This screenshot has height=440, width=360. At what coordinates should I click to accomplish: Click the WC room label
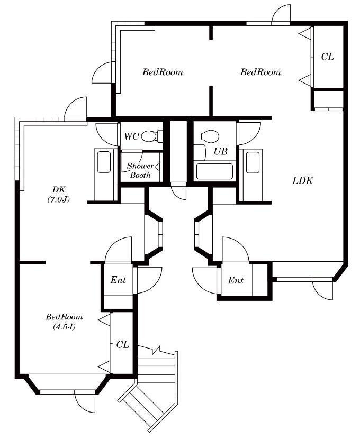(131, 136)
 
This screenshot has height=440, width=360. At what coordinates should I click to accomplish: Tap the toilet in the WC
(152, 136)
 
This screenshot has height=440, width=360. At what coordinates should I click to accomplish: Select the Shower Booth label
(140, 170)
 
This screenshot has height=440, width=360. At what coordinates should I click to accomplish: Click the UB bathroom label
(220, 152)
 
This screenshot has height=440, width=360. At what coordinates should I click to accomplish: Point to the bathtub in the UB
(214, 171)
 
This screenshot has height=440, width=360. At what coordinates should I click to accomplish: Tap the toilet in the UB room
(210, 136)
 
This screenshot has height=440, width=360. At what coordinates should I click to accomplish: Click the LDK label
(302, 180)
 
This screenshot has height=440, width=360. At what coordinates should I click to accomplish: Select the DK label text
(58, 189)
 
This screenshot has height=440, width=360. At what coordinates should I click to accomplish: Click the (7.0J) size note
(58, 199)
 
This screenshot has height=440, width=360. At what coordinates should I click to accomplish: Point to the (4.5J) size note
(64, 327)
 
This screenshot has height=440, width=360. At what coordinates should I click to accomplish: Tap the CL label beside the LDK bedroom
(327, 57)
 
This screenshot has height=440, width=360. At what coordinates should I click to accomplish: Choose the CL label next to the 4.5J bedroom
(123, 345)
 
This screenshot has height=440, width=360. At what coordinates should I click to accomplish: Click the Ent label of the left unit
(118, 280)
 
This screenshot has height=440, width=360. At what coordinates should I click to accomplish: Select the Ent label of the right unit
(236, 280)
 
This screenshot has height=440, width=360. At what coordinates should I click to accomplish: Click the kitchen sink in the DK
(104, 162)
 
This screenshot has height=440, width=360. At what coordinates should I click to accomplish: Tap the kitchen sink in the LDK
(253, 162)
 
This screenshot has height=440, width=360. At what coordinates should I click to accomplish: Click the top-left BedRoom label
(163, 72)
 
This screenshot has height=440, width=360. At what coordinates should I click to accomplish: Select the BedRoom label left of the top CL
(260, 72)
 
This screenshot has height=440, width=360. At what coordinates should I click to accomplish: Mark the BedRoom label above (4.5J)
(64, 317)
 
